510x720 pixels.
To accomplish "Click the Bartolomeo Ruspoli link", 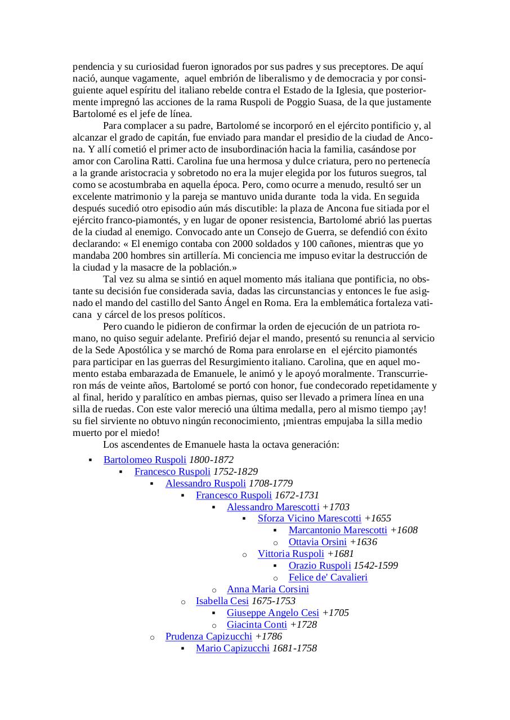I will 145,460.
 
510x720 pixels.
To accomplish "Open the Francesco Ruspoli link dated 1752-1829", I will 172,471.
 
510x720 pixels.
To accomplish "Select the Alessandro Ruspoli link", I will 205,483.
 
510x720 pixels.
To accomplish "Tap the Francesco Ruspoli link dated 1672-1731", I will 234,495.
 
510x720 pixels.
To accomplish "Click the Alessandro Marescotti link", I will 273,507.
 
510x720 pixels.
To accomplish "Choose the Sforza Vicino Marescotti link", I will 310,518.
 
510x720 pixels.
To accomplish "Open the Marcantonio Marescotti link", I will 338,530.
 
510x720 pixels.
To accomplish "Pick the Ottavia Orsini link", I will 317,542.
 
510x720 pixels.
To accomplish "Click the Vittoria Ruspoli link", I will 291,553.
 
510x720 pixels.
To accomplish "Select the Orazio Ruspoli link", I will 320,565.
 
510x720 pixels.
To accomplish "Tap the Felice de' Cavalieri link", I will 328,577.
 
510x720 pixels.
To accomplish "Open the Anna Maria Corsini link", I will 268,589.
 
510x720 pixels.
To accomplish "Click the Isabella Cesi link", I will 222,601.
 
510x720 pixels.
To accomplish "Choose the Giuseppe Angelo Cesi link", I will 273,613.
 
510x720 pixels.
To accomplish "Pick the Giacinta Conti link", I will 257,624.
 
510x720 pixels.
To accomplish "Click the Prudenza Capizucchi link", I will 209,636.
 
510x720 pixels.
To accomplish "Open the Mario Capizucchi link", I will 232,648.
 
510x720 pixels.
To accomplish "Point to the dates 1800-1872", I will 211,460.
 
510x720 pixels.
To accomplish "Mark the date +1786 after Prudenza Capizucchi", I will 269,636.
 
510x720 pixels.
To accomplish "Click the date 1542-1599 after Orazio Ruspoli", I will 375,565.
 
